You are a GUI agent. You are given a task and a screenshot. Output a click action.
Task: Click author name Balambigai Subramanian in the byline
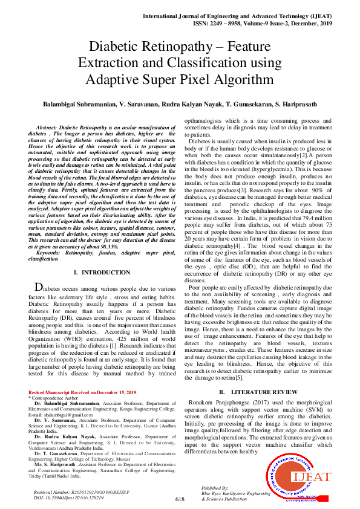coord(79,104)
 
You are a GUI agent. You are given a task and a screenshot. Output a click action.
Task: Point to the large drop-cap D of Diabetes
coord(39,288)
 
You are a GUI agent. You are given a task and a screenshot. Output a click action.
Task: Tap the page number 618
coord(180,499)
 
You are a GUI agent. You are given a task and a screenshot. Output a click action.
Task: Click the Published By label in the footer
coord(215,487)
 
